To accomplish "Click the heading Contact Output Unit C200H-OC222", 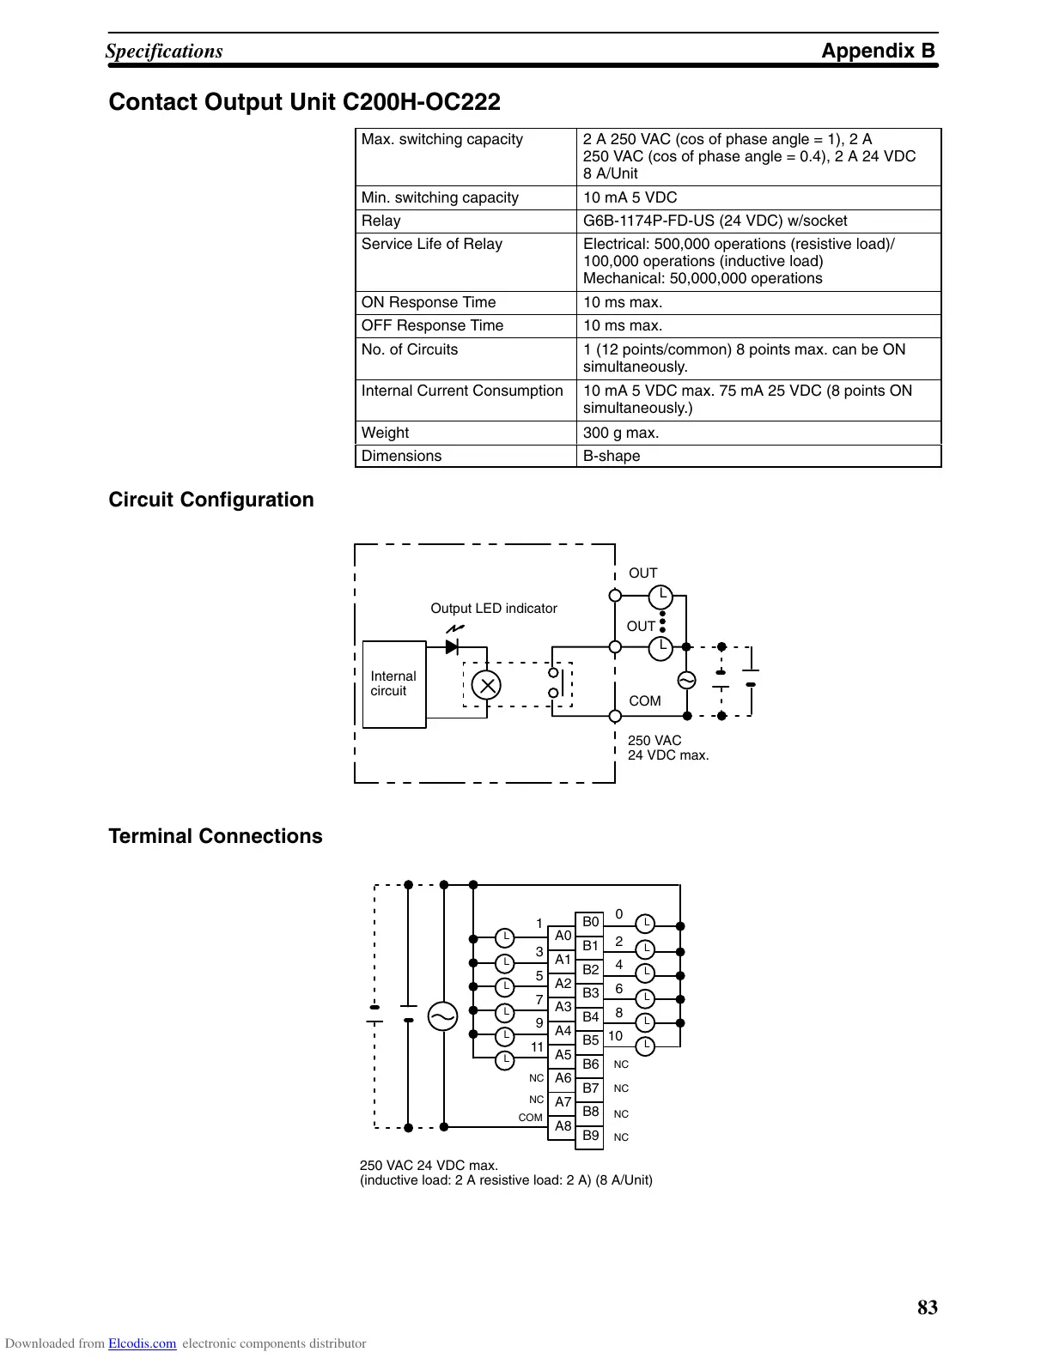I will pyautogui.click(x=304, y=102).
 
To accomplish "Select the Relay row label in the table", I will pyautogui.click(x=380, y=221).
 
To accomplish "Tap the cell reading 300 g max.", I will pyautogui.click(x=621, y=433).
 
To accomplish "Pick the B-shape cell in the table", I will pyautogui.click(x=612, y=456).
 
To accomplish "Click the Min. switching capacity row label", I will pyautogui.click(x=440, y=197).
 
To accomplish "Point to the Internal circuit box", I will pyautogui.click(x=394, y=684).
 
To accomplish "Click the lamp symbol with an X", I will pyautogui.click(x=487, y=684).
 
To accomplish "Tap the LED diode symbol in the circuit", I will pyautogui.click(x=453, y=646).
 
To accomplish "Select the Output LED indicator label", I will pyautogui.click(x=493, y=609).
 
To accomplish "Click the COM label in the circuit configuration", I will pyautogui.click(x=644, y=701).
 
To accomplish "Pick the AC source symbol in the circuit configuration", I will pyautogui.click(x=686, y=681).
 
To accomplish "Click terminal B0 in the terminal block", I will pyautogui.click(x=590, y=923).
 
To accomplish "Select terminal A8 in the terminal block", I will pyautogui.click(x=563, y=1126).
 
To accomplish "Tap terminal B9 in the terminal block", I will pyautogui.click(x=590, y=1136).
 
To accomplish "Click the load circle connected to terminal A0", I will pyautogui.click(x=506, y=937).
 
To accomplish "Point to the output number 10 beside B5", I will pyautogui.click(x=615, y=1036).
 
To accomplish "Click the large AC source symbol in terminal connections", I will pyautogui.click(x=443, y=1017).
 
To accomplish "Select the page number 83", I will pyautogui.click(x=928, y=1307).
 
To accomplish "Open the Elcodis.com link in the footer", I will pyautogui.click(x=142, y=1344).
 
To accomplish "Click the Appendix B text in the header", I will pyautogui.click(x=878, y=51).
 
